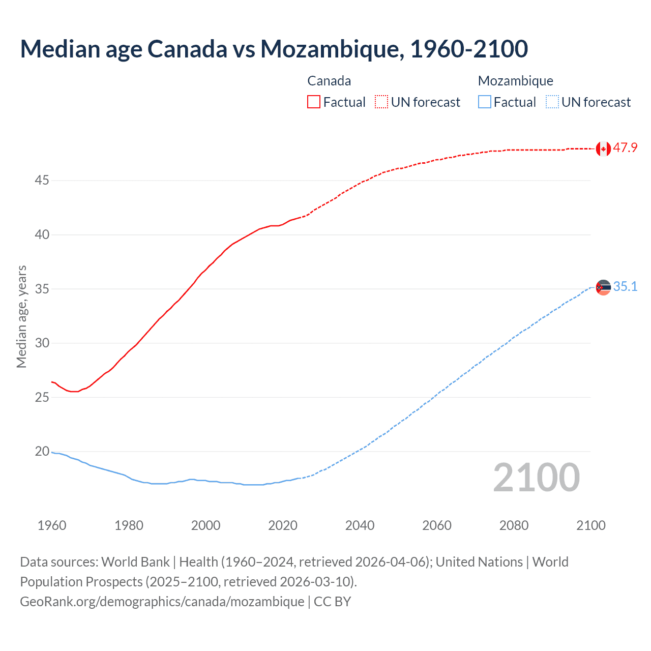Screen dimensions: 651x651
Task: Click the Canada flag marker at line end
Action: (603, 149)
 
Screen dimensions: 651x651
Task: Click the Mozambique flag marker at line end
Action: (603, 287)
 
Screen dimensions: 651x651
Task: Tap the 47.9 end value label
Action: (625, 148)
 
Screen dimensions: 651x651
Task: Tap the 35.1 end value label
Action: (625, 287)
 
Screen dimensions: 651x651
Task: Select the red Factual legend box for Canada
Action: (314, 102)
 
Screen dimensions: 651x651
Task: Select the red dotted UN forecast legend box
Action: (381, 102)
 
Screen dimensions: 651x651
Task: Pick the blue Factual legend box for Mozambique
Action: (484, 102)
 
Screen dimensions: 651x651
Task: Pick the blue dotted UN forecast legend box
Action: (552, 102)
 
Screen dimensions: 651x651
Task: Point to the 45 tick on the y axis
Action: (42, 181)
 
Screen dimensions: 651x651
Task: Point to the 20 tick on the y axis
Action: (42, 452)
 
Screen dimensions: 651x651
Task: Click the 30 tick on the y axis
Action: (42, 343)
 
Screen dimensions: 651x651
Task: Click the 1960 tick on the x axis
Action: (52, 525)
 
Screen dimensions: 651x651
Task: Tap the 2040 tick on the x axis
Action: (360, 525)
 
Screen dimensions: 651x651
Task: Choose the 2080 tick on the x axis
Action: (514, 525)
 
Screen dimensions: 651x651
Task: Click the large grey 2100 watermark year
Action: (536, 478)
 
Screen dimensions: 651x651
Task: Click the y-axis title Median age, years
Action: (21, 316)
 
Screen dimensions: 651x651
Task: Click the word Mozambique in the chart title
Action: (332, 49)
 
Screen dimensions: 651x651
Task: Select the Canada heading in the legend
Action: (329, 81)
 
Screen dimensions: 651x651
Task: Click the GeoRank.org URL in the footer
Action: (162, 602)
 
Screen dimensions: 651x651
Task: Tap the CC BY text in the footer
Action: (332, 602)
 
